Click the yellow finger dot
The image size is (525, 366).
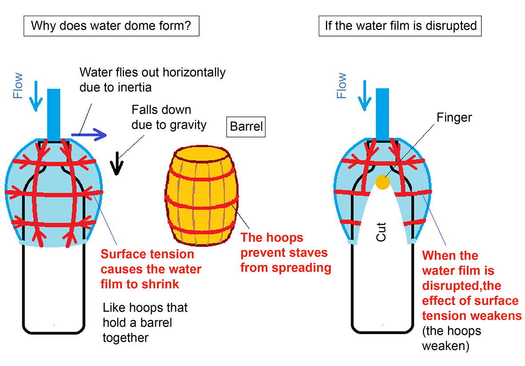click(x=383, y=181)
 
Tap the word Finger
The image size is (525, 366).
click(x=454, y=118)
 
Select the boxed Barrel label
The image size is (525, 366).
click(x=246, y=128)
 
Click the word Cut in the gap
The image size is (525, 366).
click(x=381, y=232)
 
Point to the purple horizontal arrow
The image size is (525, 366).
click(x=89, y=133)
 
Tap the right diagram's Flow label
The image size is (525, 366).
click(x=341, y=86)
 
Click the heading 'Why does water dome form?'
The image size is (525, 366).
click(x=111, y=25)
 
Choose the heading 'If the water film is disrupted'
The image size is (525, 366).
click(x=400, y=25)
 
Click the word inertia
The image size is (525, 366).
click(x=133, y=87)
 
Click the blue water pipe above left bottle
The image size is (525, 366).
click(x=53, y=113)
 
